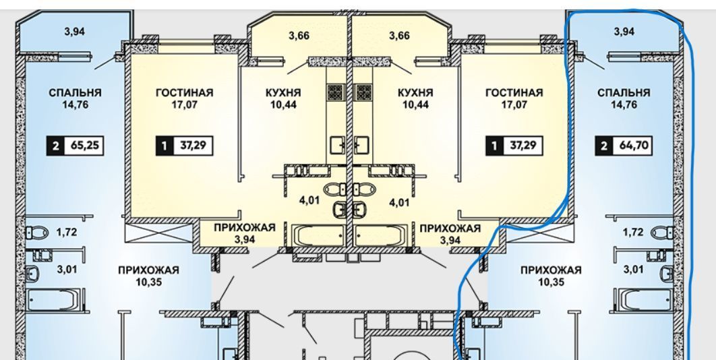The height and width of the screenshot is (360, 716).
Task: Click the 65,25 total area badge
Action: tap(75, 145)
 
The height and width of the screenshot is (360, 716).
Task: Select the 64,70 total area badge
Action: tap(624, 145)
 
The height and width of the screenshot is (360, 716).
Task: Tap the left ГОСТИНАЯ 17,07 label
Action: tap(184, 98)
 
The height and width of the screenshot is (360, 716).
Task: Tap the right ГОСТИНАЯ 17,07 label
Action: tap(514, 98)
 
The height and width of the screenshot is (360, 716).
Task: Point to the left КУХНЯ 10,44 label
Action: tap(283, 98)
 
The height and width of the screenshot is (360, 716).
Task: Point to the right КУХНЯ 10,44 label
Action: tap(415, 98)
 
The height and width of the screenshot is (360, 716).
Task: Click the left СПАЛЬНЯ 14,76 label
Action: tap(75, 98)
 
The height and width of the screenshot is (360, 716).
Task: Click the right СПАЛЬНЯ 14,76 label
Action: tap(624, 98)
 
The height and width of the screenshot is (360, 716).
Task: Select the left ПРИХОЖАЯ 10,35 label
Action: tap(148, 275)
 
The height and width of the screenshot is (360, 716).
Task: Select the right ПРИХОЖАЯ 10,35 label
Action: tap(550, 275)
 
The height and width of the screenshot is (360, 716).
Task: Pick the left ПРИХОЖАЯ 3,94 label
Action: tap(244, 233)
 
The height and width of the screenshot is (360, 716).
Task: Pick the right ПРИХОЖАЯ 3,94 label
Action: tap(450, 233)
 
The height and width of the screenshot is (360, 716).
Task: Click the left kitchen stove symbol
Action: tap(335, 92)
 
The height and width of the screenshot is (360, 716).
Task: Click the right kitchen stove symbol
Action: tap(363, 92)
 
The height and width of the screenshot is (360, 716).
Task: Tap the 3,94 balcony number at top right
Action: tap(624, 31)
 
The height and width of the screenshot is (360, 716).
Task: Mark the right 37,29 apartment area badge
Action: tap(514, 145)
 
